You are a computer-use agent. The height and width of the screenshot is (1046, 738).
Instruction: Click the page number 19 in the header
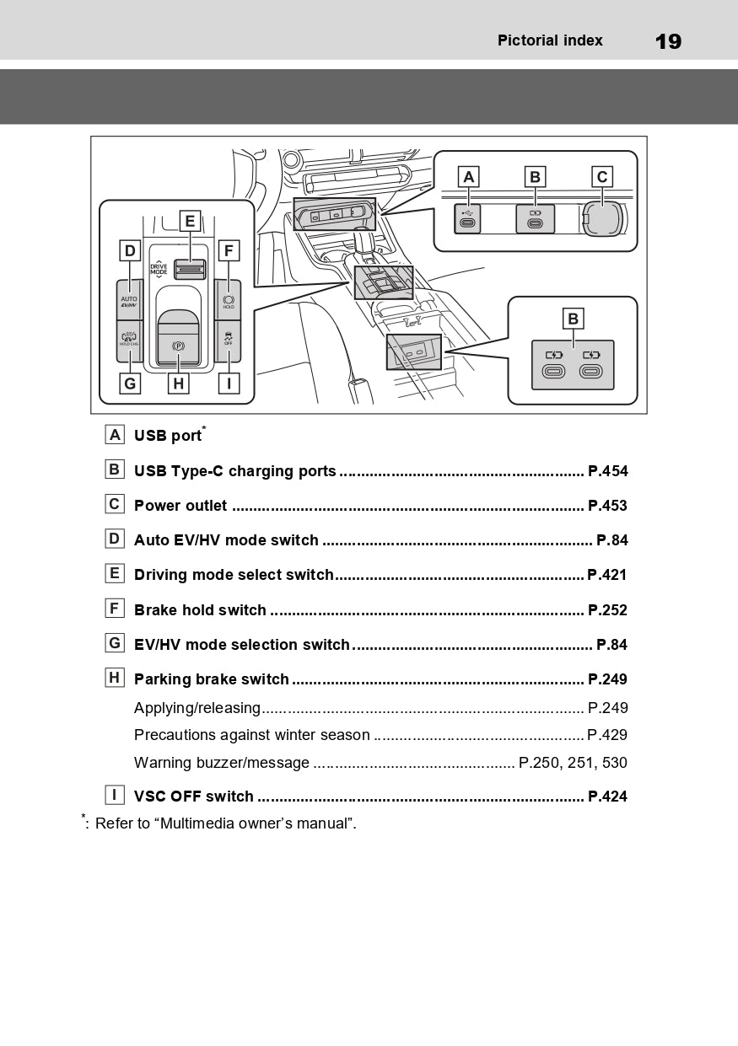click(x=668, y=41)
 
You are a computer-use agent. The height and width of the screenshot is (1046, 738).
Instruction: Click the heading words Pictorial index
click(x=550, y=40)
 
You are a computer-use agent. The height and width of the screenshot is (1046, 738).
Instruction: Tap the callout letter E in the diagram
click(x=191, y=221)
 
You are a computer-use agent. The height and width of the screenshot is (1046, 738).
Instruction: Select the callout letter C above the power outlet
click(x=601, y=177)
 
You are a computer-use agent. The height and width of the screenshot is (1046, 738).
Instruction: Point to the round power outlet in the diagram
click(x=602, y=217)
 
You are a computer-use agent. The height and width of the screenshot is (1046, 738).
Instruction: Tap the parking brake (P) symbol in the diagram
click(x=178, y=346)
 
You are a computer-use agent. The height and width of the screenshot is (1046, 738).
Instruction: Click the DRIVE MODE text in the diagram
click(x=159, y=271)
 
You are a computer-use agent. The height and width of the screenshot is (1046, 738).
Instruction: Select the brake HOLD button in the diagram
click(x=229, y=301)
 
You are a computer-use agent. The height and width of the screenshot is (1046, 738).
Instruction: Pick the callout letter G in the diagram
click(x=129, y=384)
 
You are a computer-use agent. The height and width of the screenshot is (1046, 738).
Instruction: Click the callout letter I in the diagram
click(x=229, y=384)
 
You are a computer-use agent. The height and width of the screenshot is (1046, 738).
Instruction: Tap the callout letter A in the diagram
click(x=468, y=177)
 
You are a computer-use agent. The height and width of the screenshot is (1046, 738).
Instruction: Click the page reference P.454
click(x=607, y=471)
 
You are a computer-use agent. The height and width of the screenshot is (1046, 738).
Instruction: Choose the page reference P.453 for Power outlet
click(x=607, y=506)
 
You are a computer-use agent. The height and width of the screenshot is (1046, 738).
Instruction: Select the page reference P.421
click(x=607, y=575)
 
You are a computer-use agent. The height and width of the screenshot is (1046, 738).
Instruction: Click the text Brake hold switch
click(x=200, y=610)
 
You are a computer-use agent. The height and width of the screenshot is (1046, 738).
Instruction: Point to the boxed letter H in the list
click(x=115, y=678)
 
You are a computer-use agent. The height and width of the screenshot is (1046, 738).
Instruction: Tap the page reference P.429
click(x=607, y=735)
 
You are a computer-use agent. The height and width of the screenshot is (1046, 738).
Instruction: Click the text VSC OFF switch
click(x=194, y=797)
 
